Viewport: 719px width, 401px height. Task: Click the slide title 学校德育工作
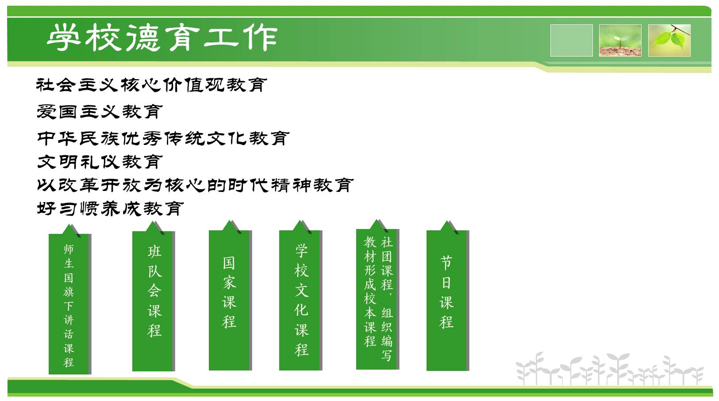(162, 38)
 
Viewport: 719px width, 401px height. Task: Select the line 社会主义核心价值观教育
(151, 85)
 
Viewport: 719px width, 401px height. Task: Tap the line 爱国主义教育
(100, 112)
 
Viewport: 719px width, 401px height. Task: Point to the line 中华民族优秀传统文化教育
(163, 138)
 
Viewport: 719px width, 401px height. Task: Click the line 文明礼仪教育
(100, 162)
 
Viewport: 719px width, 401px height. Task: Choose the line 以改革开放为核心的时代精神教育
(195, 185)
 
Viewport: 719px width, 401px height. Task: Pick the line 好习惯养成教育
(110, 209)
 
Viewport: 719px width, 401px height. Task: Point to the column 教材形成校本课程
(370, 291)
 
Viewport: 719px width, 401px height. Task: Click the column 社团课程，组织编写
(387, 299)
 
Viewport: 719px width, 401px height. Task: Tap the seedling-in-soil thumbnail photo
(620, 40)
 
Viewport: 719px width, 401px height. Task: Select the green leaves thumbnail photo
(669, 40)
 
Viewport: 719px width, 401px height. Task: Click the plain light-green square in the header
(571, 40)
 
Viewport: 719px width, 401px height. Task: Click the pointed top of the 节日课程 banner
(446, 221)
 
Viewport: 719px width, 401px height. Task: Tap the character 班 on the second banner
(154, 251)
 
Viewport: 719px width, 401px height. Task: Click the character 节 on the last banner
(446, 263)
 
